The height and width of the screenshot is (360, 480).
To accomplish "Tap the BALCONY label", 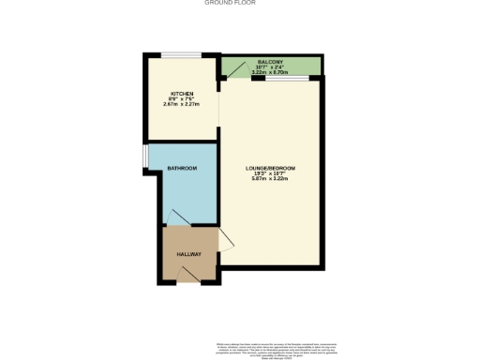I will [x=273, y=60].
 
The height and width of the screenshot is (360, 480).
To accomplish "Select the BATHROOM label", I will [x=182, y=168].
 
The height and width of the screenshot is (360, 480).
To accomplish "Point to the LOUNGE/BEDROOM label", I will [x=274, y=168].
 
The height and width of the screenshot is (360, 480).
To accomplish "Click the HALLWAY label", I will [x=189, y=254].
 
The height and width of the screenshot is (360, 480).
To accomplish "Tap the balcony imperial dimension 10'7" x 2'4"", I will [x=273, y=66].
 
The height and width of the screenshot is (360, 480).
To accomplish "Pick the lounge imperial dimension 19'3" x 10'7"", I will [x=274, y=173].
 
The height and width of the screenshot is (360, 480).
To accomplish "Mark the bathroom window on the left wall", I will [x=145, y=158].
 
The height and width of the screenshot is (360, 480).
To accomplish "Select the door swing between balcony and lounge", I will [x=237, y=70].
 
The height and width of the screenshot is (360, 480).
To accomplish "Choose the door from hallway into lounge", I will [x=225, y=240].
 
